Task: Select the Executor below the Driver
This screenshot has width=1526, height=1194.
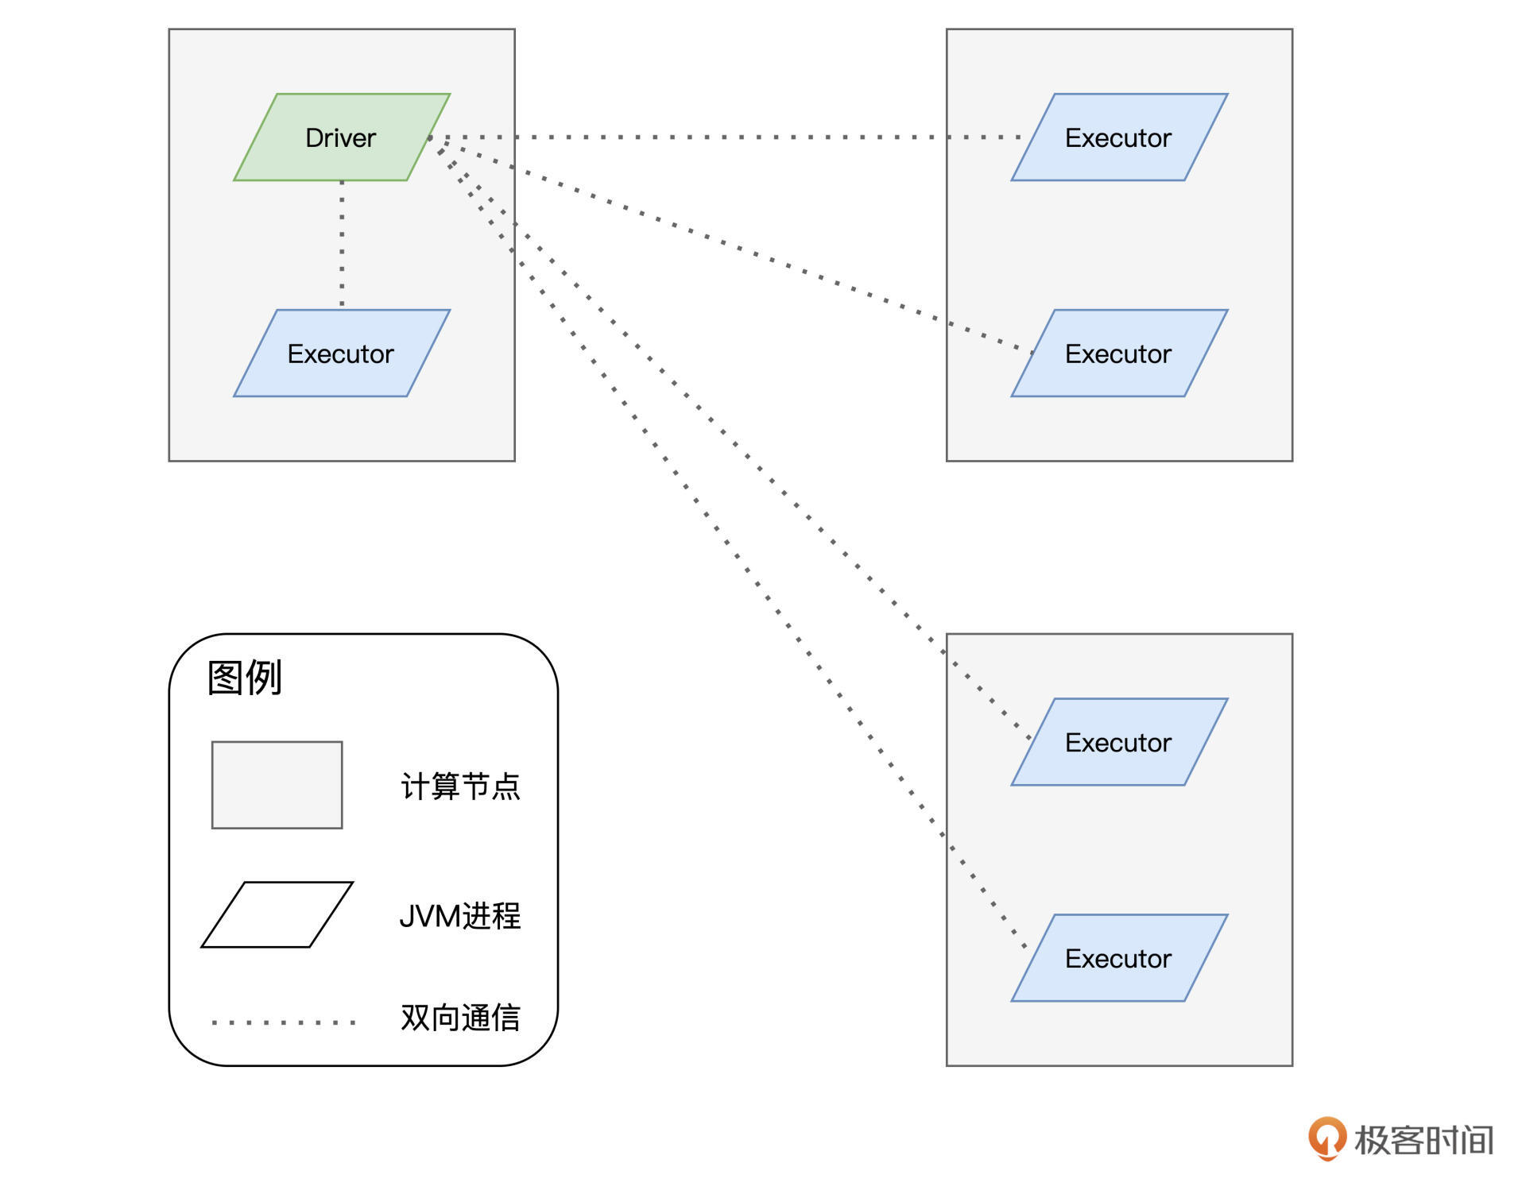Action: point(341,354)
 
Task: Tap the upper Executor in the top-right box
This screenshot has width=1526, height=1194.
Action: point(1118,137)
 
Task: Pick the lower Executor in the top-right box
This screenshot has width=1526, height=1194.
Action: point(1118,354)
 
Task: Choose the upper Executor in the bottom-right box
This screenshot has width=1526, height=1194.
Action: point(1118,742)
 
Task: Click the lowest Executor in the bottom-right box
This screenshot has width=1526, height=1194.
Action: point(1118,958)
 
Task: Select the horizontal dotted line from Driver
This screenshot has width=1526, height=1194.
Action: point(715,137)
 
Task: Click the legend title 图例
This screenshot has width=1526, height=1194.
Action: point(244,678)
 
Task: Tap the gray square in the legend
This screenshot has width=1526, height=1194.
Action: point(277,785)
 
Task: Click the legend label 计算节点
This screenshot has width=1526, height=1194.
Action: point(459,786)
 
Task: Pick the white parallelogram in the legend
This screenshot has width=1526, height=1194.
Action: point(277,914)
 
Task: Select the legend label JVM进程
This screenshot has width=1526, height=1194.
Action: point(459,916)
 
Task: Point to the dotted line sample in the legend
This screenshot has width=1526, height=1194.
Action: point(283,1022)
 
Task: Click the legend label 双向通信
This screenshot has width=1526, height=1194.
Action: point(459,1018)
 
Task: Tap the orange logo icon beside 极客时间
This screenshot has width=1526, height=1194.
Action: point(1327,1138)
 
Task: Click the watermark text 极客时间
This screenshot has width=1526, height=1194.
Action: point(1423,1140)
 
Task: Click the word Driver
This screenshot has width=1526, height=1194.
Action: point(340,137)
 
